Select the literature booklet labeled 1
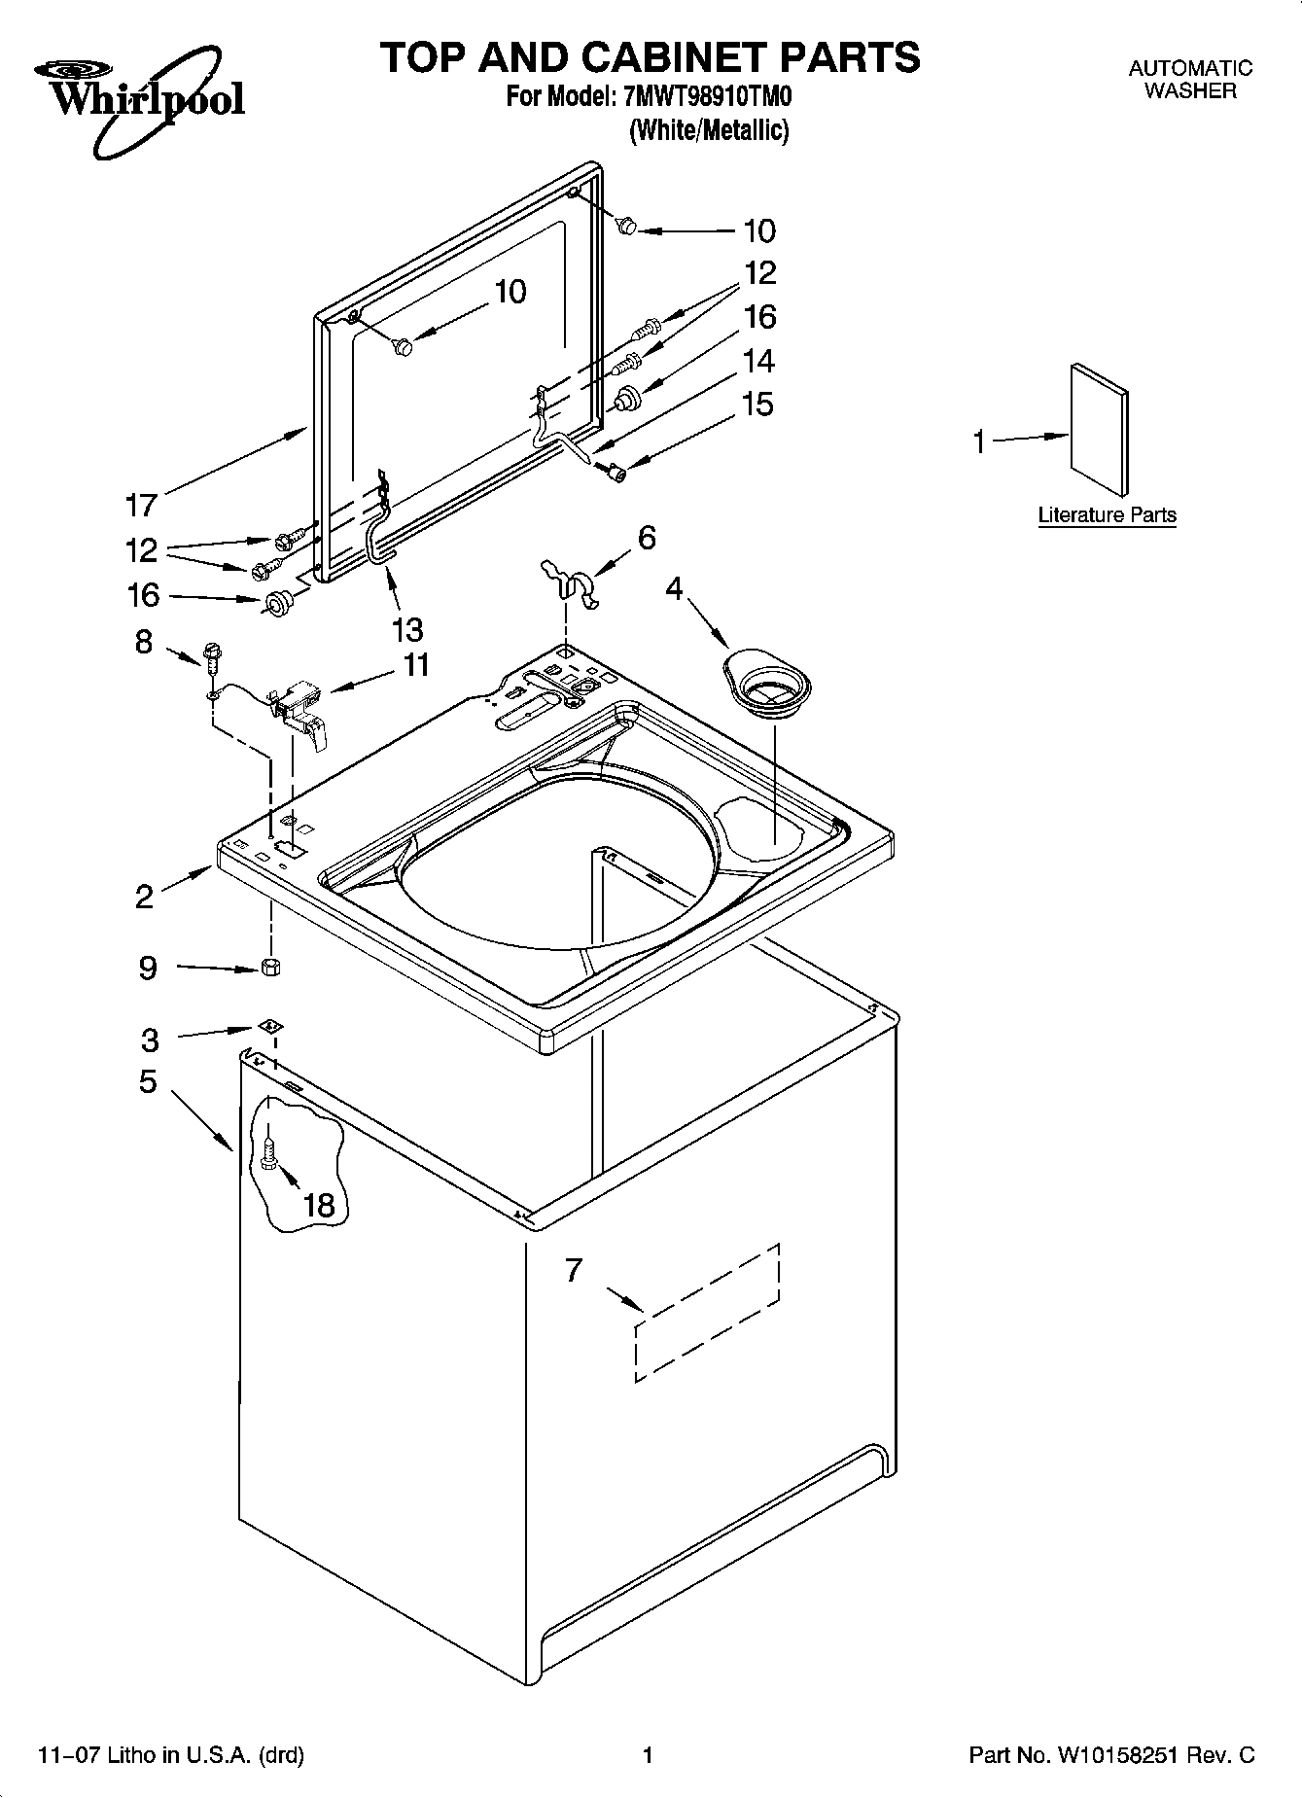click(1100, 431)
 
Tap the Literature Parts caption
click(1107, 515)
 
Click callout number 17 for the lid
click(141, 505)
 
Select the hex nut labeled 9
click(271, 967)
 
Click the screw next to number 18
click(269, 1153)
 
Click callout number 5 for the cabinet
click(148, 1081)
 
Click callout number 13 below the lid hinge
click(408, 629)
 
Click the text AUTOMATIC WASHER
click(1190, 80)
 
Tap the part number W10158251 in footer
click(1113, 1755)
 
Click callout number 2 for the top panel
click(144, 896)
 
